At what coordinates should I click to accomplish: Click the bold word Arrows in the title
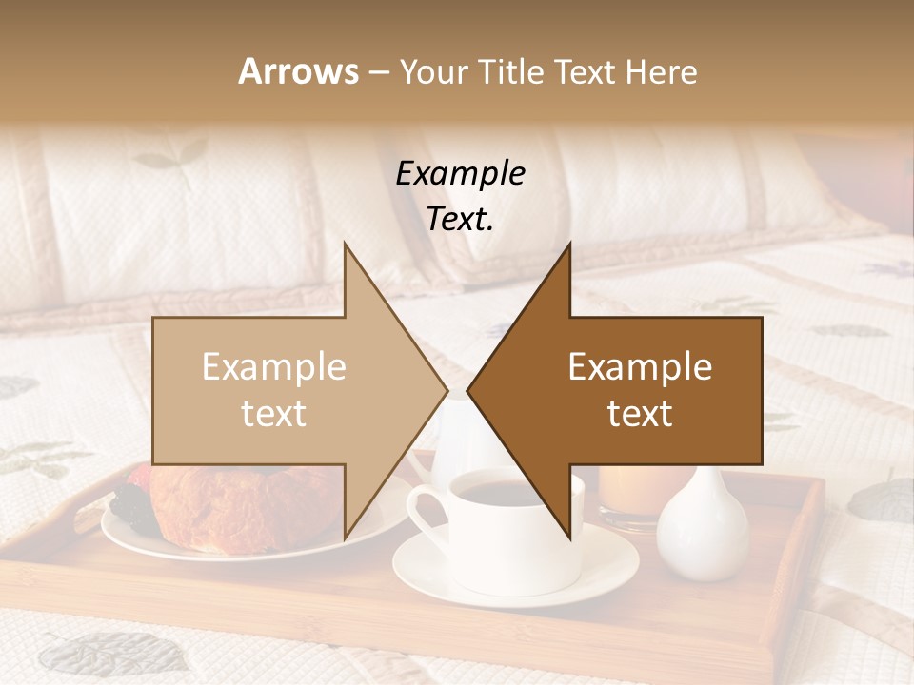point(299,71)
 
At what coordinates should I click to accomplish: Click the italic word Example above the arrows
point(460,174)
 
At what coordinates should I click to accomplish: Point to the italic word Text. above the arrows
point(460,219)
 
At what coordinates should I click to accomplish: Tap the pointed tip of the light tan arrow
point(446,390)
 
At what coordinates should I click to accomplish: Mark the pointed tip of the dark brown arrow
point(469,390)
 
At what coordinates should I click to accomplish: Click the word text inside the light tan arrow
point(273,414)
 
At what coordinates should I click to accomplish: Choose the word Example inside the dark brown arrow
point(640,367)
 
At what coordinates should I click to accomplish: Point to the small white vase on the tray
point(703,528)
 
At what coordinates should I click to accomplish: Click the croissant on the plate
point(238,509)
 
